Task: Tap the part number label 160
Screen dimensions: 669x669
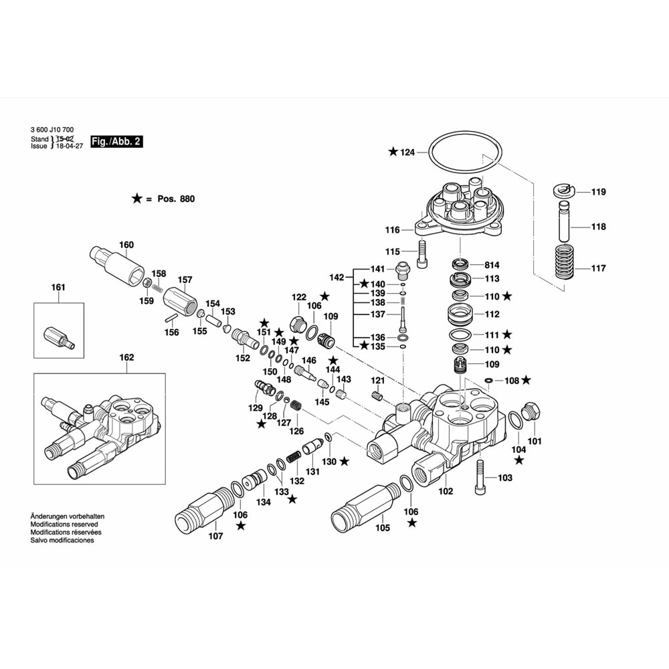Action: point(126,244)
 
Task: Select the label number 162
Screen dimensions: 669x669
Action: point(126,357)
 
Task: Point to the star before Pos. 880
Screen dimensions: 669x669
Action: point(136,199)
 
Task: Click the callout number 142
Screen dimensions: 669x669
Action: point(337,277)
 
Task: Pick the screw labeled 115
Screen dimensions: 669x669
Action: point(421,254)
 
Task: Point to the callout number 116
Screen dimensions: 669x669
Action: point(392,229)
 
